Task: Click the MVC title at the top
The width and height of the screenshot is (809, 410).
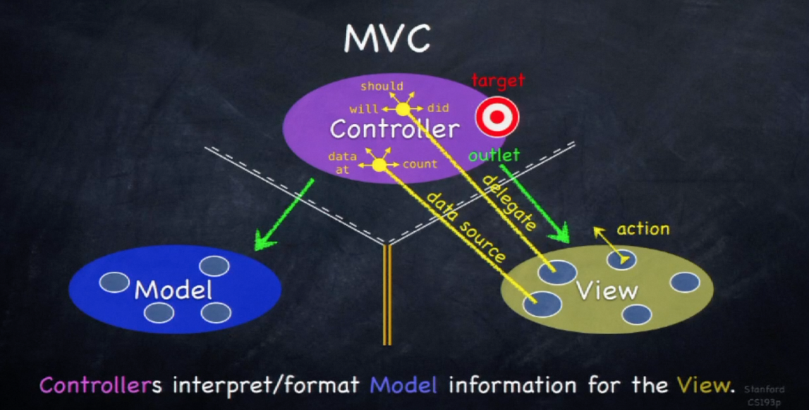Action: (387, 39)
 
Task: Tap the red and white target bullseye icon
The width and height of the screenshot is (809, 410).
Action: (497, 117)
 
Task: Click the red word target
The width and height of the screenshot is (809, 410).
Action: (498, 80)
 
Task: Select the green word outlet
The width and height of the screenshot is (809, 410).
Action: (494, 155)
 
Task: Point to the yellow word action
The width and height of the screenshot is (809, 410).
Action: (643, 229)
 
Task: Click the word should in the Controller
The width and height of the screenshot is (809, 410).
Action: (382, 86)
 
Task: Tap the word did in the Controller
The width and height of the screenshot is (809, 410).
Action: (438, 108)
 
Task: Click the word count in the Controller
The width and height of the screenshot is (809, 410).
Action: (420, 164)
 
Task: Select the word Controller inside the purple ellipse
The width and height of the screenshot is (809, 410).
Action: (394, 129)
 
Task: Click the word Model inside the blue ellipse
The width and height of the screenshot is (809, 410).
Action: (173, 289)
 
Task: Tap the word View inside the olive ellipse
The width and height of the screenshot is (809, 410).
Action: (607, 290)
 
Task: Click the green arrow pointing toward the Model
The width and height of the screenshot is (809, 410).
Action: (284, 215)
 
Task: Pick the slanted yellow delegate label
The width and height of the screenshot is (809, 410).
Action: (509, 202)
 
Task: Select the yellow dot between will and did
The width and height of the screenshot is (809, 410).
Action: (403, 109)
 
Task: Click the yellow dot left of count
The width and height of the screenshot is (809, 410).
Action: (379, 165)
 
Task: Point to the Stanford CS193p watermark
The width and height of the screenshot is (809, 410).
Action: (763, 395)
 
